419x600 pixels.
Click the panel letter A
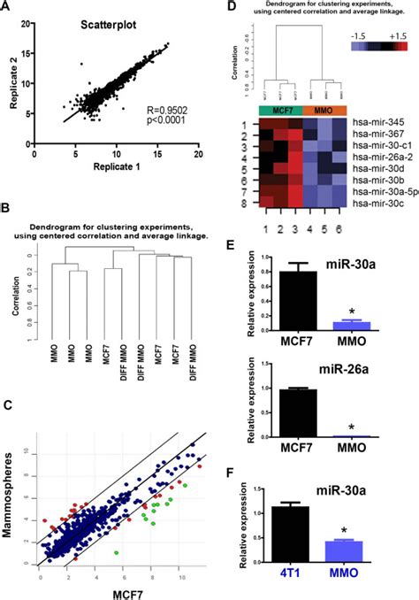pyautogui.click(x=8, y=8)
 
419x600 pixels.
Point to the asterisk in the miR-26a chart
pyautogui.click(x=351, y=427)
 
